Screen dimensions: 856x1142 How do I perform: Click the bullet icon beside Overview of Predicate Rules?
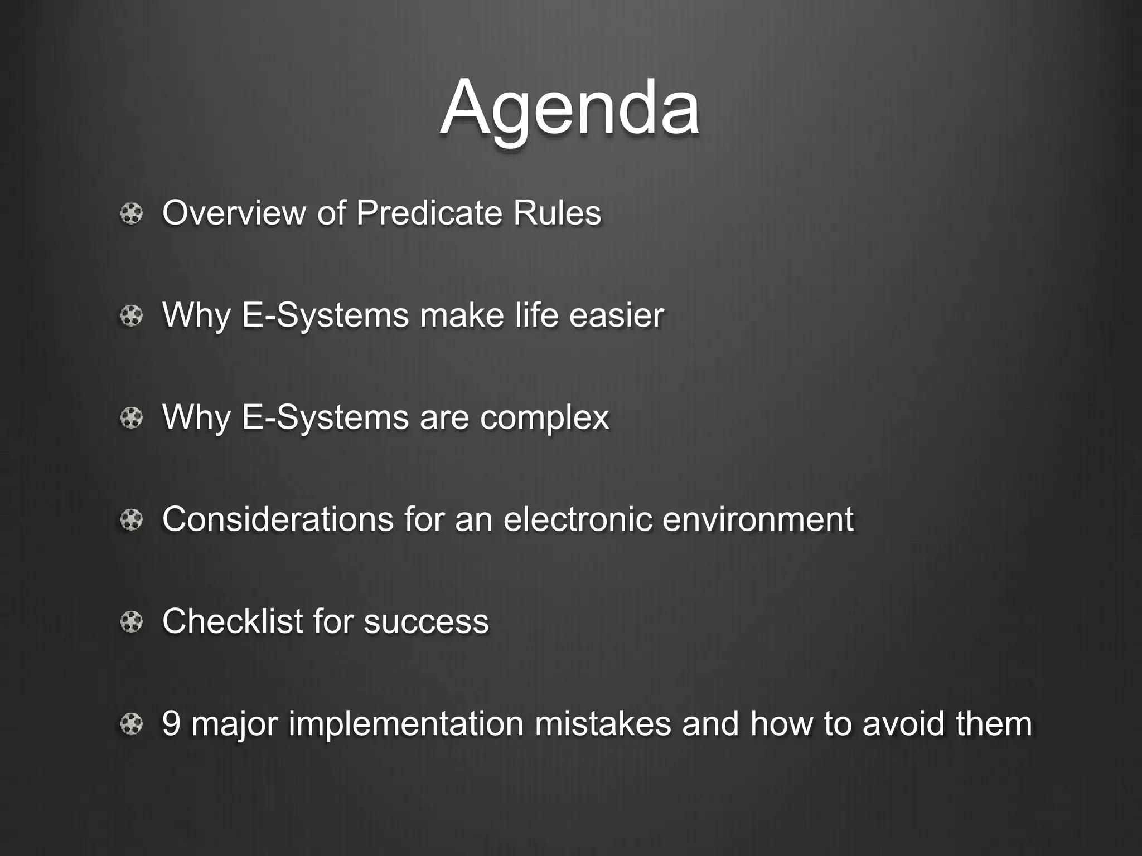pos(132,213)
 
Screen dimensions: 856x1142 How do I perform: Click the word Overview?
pos(234,213)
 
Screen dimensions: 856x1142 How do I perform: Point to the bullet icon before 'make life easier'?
pos(132,316)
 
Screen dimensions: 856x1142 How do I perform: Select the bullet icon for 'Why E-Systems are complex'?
pos(132,418)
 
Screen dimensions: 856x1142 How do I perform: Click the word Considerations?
pos(278,519)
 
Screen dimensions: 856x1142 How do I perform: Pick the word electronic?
pos(578,519)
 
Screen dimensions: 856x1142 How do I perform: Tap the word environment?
pos(758,519)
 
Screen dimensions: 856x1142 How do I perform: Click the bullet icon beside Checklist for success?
pos(132,622)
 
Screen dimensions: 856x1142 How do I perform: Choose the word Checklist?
pos(232,621)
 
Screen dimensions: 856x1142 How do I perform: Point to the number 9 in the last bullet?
pos(171,724)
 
